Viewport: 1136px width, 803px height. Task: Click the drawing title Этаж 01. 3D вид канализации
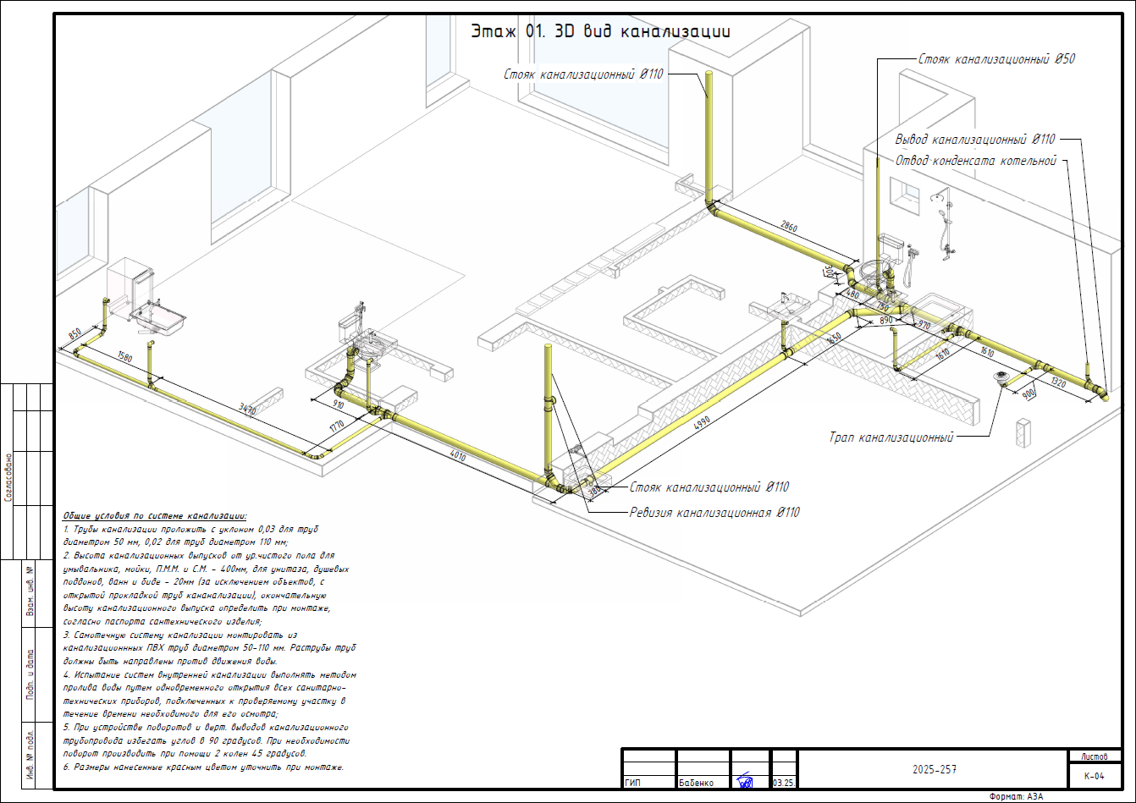point(600,32)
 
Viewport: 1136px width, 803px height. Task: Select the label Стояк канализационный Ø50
point(996,59)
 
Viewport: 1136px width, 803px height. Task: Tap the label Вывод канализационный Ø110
point(975,140)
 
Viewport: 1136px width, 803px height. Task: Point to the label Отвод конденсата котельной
point(975,161)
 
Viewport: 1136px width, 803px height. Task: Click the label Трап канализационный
point(891,437)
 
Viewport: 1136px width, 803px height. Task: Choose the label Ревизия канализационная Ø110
point(714,512)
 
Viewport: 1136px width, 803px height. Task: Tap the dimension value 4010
point(458,455)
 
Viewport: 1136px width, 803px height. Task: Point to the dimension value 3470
point(247,410)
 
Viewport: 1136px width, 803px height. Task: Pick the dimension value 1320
point(1058,382)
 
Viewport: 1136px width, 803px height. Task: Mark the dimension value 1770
point(337,426)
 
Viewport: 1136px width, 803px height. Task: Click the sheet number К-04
point(1094,775)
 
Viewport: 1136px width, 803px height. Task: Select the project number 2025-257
point(935,770)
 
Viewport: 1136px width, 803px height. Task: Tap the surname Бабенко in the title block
point(696,783)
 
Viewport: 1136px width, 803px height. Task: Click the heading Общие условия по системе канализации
point(155,515)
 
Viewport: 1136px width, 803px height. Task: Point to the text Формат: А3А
point(1017,796)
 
